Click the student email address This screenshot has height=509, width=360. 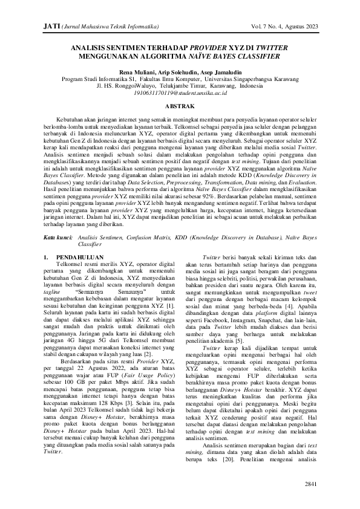pyautogui.click(x=180, y=94)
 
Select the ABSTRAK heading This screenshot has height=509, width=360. pyautogui.click(x=180, y=106)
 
